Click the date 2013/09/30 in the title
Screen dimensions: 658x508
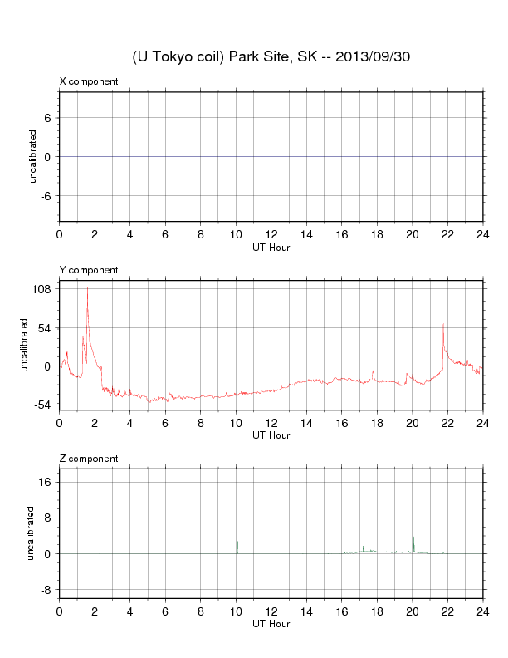pos(373,56)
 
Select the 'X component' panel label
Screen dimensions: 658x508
pos(89,81)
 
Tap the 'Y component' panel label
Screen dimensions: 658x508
pos(89,270)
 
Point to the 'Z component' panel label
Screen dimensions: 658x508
pos(89,459)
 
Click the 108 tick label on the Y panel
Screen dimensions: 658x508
pos(42,289)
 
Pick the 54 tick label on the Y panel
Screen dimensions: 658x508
pos(46,327)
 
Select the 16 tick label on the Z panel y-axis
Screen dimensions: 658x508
pos(46,482)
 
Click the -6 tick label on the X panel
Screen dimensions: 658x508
pos(46,195)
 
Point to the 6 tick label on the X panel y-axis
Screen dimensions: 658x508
pos(49,118)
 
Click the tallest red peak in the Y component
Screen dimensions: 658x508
pos(87,289)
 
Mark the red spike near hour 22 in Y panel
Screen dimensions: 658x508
pos(443,324)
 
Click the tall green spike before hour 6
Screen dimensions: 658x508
pos(159,515)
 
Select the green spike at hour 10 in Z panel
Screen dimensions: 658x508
pos(237,542)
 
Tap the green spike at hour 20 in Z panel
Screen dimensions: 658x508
pos(413,538)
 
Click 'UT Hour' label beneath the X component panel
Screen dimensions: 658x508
pos(271,247)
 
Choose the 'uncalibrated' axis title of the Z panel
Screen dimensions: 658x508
pos(32,533)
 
